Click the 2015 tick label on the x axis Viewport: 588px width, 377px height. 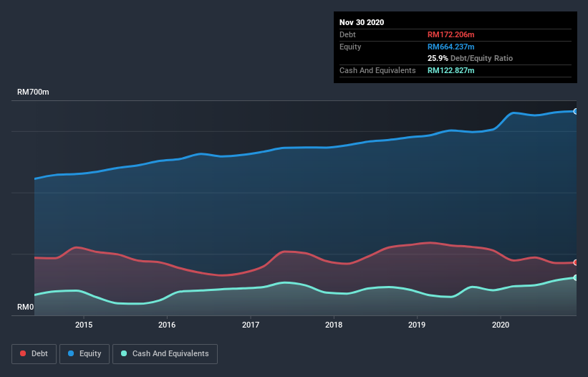coord(84,325)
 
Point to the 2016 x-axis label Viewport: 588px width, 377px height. coord(167,325)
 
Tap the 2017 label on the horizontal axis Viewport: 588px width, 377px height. coord(251,325)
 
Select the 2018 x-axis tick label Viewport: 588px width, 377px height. coord(334,325)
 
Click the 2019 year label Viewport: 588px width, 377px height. coord(418,325)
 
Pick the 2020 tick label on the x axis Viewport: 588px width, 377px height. coord(501,325)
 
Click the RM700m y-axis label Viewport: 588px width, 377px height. coord(34,92)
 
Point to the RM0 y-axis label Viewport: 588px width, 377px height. coord(26,307)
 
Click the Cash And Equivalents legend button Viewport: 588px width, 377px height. coord(165,353)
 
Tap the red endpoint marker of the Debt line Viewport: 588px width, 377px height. coord(576,262)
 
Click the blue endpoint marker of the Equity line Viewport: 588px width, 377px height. coord(576,111)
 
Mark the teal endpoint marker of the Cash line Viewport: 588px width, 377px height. coord(576,277)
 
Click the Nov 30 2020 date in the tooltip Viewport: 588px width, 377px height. coord(362,22)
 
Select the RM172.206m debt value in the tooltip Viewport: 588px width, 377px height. coord(451,34)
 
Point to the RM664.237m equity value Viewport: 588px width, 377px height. coord(451,47)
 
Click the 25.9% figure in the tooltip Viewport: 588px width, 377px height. coord(437,58)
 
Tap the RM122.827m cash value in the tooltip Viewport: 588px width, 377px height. coord(451,70)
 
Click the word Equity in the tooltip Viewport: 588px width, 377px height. coord(351,47)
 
